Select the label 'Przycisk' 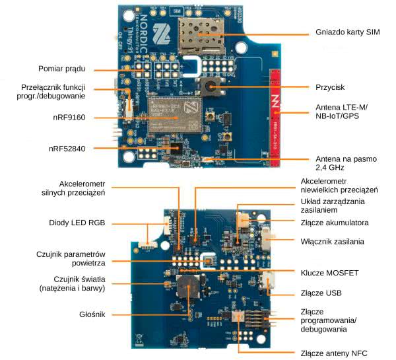(331, 87)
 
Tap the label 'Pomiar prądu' (65, 69)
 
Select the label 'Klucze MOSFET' (329, 271)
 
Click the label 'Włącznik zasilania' (333, 242)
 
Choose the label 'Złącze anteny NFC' (333, 353)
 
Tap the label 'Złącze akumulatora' (334, 222)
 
